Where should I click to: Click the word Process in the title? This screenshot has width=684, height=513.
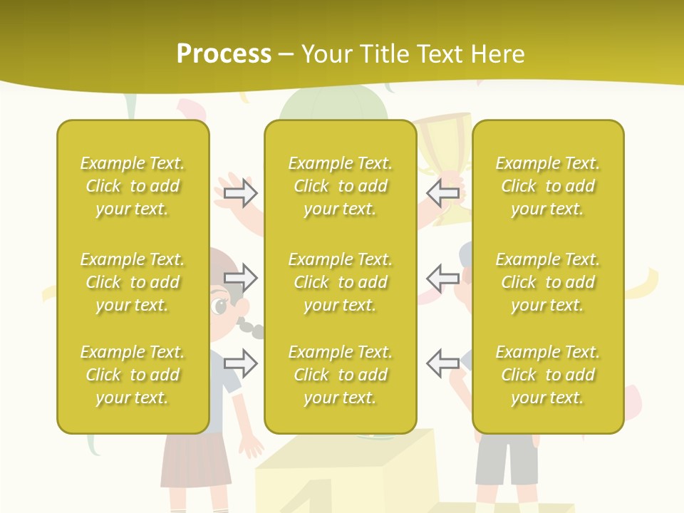(x=224, y=54)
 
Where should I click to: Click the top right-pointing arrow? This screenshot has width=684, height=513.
(x=241, y=193)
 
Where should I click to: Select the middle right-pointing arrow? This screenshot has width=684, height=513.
(x=241, y=278)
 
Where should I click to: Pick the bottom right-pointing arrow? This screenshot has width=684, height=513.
(x=241, y=363)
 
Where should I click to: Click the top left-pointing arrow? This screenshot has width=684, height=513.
(x=442, y=193)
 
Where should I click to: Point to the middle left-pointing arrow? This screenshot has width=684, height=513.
(x=442, y=278)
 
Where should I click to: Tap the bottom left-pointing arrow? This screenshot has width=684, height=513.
(x=442, y=363)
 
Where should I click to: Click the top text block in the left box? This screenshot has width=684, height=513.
(x=133, y=186)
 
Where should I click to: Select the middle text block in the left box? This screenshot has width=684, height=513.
(x=133, y=282)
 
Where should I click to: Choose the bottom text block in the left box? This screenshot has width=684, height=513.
(x=133, y=375)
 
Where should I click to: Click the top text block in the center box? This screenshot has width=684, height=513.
(x=340, y=186)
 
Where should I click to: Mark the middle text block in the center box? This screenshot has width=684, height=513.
(x=340, y=282)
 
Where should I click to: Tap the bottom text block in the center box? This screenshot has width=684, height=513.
(x=340, y=375)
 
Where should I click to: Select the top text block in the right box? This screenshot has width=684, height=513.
(x=547, y=186)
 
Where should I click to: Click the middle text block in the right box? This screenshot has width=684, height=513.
(x=547, y=282)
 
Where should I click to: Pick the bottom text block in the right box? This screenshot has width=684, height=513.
(x=547, y=375)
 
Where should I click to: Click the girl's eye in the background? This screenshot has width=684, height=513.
(x=219, y=307)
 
